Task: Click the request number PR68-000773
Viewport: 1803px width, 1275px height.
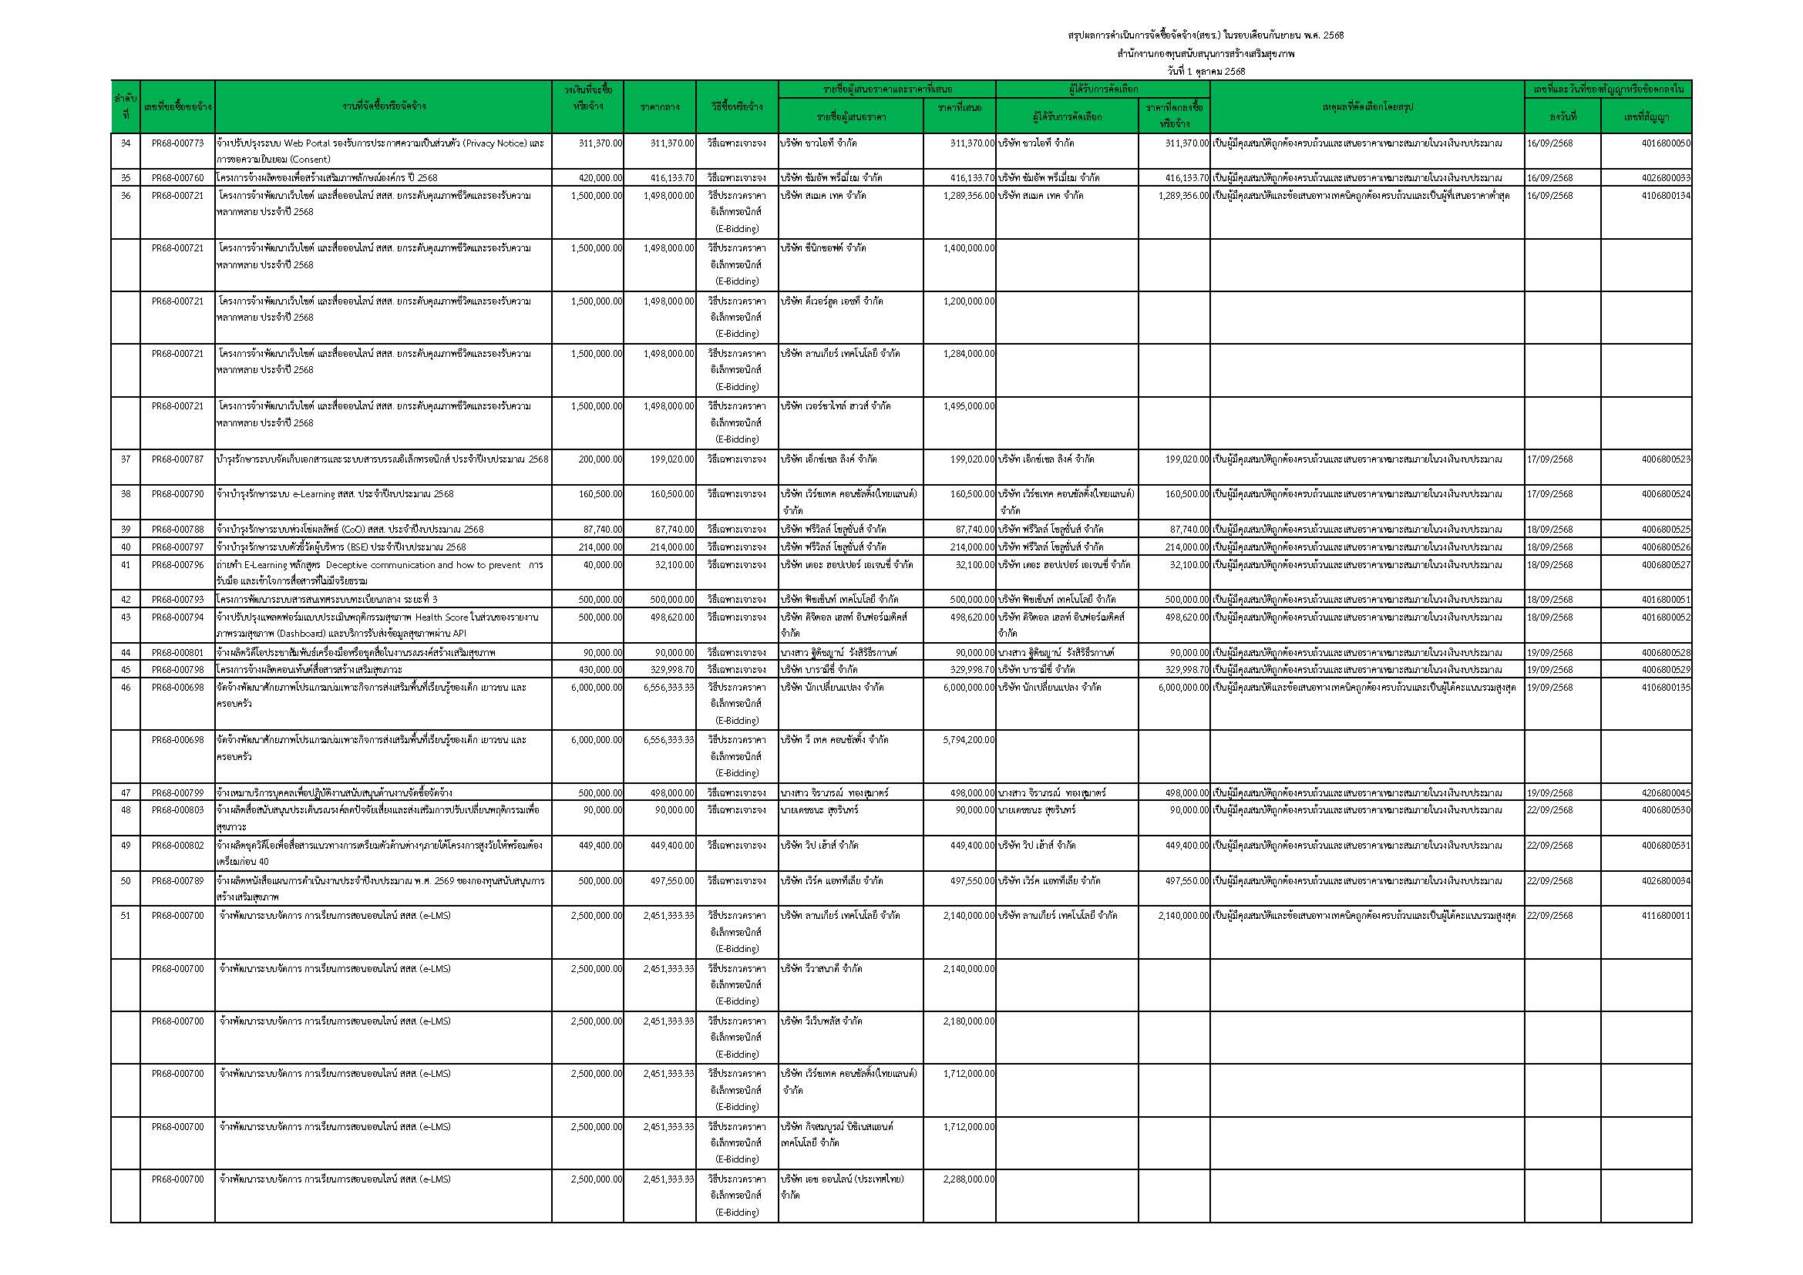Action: pyautogui.click(x=177, y=143)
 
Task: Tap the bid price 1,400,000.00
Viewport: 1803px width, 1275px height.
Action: pyautogui.click(x=968, y=248)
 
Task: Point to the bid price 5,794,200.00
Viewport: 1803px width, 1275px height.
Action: pyautogui.click(x=968, y=739)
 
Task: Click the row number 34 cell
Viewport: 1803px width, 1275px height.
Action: pyautogui.click(x=126, y=143)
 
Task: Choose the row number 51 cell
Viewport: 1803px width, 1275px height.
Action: pyautogui.click(x=126, y=916)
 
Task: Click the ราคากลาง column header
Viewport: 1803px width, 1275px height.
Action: pyautogui.click(x=660, y=107)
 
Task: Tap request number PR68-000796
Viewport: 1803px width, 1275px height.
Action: pyautogui.click(x=177, y=564)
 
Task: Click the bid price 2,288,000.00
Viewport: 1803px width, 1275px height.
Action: pyautogui.click(x=968, y=1179)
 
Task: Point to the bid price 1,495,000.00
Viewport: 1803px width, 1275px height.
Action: pyautogui.click(x=968, y=406)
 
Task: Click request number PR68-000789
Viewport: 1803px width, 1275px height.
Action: pyautogui.click(x=177, y=881)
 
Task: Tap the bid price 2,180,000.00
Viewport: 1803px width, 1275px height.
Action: pyautogui.click(x=968, y=1021)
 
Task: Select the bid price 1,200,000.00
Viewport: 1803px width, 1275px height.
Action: pyautogui.click(x=968, y=301)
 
